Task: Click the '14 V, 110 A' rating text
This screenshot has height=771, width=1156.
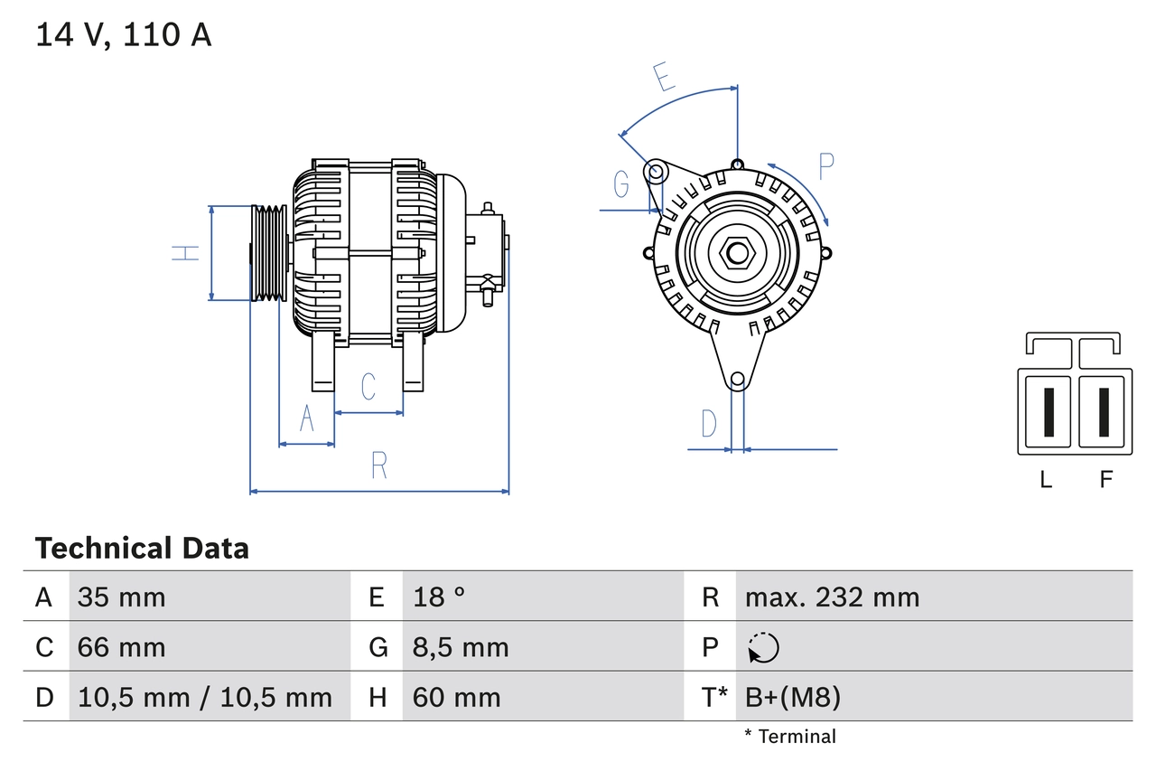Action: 124,35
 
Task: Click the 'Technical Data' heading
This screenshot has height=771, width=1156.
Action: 142,548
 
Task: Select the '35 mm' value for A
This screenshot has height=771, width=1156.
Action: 121,597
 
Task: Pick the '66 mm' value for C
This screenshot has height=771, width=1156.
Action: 121,647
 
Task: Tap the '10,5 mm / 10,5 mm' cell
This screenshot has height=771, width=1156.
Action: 205,697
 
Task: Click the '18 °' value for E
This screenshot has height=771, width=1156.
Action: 439,597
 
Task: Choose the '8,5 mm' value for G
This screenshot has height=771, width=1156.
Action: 461,647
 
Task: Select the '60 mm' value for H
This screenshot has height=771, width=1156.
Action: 456,697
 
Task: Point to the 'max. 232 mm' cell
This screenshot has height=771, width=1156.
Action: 832,597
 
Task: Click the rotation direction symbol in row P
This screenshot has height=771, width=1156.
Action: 763,647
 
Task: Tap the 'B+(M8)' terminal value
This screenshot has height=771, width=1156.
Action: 792,697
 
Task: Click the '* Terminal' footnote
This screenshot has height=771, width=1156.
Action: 790,737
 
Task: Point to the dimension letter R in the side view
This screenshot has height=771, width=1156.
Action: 379,465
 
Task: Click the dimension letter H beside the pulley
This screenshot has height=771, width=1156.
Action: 186,253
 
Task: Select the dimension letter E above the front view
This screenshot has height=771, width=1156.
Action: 665,78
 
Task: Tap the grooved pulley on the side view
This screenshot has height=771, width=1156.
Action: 267,253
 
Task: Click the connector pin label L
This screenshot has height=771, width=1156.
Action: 1046,480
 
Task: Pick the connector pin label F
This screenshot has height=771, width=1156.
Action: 1105,480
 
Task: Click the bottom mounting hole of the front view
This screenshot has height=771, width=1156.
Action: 737,380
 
